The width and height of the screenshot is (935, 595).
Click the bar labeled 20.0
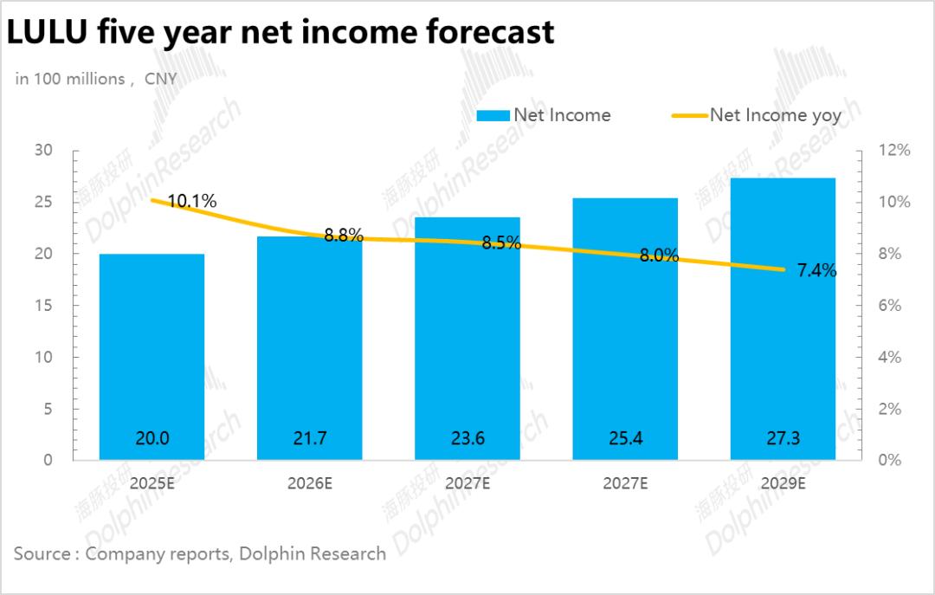click(152, 356)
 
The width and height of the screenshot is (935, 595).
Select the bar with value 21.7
click(310, 347)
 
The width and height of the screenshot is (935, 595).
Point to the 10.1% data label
click(192, 202)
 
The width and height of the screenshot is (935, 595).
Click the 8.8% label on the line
click(344, 235)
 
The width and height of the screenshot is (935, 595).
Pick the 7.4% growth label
click(816, 270)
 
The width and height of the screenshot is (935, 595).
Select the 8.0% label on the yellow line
click(660, 255)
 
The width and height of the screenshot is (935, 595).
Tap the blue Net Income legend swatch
click(492, 115)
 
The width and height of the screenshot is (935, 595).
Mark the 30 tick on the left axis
click(44, 151)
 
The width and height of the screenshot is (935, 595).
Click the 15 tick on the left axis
click(44, 306)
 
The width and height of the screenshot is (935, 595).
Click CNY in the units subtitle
click(161, 79)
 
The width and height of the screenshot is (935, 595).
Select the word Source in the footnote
click(41, 553)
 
